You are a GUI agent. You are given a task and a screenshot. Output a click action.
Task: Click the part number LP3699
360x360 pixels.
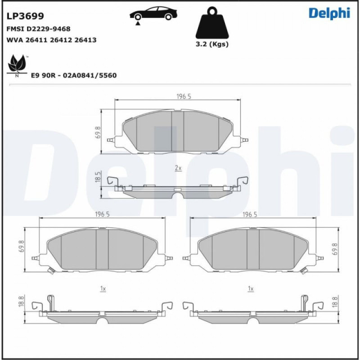tap(25, 17)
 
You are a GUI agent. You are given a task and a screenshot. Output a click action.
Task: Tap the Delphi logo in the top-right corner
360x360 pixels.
tap(329, 13)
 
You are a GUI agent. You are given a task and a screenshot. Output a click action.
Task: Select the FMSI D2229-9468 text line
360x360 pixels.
tap(38, 29)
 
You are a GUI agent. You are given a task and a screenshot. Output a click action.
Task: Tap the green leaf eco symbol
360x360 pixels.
tap(17, 63)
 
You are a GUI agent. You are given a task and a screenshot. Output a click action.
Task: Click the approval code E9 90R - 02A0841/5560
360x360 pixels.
tap(73, 75)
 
